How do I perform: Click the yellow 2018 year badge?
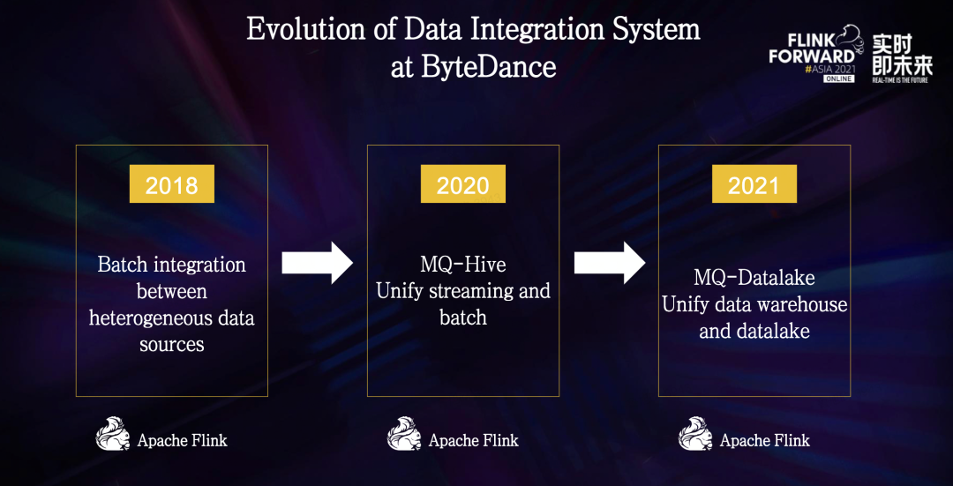pyautogui.click(x=171, y=183)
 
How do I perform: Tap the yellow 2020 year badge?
pyautogui.click(x=463, y=183)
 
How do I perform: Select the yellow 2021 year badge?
pyautogui.click(x=754, y=183)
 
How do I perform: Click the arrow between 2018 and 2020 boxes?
pyautogui.click(x=318, y=263)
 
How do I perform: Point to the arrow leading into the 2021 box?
pyautogui.click(x=610, y=263)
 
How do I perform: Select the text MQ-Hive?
pyautogui.click(x=463, y=265)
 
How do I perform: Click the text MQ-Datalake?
pyautogui.click(x=754, y=278)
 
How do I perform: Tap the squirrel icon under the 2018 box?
pyautogui.click(x=113, y=434)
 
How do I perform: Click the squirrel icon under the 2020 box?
pyautogui.click(x=404, y=434)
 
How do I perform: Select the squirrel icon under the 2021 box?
pyautogui.click(x=695, y=434)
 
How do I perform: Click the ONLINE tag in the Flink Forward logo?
pyautogui.click(x=839, y=79)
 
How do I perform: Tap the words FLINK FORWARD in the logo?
pyautogui.click(x=811, y=49)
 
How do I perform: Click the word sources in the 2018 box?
pyautogui.click(x=172, y=345)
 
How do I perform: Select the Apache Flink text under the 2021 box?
pyautogui.click(x=765, y=440)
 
